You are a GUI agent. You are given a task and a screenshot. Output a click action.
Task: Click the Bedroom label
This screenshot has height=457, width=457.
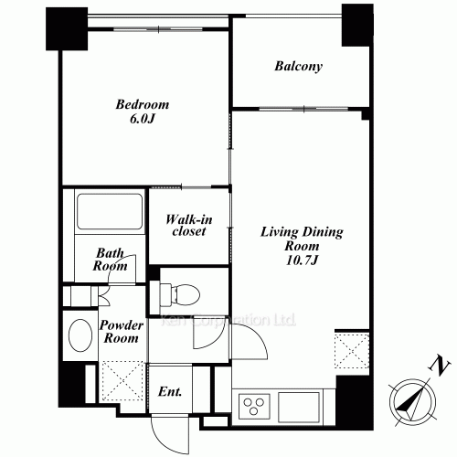click(x=143, y=104)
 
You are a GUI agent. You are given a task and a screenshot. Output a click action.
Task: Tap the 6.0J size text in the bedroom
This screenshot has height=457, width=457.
click(x=143, y=119)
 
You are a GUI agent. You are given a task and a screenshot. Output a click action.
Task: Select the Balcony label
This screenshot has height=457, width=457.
click(x=298, y=67)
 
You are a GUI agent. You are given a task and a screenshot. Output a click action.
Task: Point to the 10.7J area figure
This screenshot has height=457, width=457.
click(x=302, y=260)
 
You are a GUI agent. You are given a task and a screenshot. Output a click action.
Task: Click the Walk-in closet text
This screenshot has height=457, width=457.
click(x=189, y=225)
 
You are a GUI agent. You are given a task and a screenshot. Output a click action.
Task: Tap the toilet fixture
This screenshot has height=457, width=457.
click(x=180, y=294)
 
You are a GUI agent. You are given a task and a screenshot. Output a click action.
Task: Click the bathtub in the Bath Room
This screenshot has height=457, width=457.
click(x=110, y=212)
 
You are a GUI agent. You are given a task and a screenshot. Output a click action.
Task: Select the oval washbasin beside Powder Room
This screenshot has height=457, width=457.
click(x=80, y=335)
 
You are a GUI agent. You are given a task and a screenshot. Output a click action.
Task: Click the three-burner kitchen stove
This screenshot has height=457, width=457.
click(x=254, y=406)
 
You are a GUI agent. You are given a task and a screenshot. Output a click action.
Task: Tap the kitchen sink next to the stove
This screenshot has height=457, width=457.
click(x=299, y=407)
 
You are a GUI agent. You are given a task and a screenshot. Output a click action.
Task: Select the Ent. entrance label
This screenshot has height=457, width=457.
click(x=170, y=391)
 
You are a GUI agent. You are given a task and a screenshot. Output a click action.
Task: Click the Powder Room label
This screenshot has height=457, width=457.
click(x=122, y=332)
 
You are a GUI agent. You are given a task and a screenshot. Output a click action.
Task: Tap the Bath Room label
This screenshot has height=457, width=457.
click(x=110, y=260)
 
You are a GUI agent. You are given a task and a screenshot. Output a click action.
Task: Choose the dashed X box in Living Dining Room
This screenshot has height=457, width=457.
click(x=352, y=351)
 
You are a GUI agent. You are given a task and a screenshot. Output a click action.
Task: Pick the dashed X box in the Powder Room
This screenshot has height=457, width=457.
click(x=122, y=380)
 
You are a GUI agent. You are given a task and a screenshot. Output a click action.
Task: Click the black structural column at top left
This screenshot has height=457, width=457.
click(x=67, y=28)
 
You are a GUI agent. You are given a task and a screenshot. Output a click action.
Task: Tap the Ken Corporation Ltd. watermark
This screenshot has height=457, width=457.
click(x=228, y=320)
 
